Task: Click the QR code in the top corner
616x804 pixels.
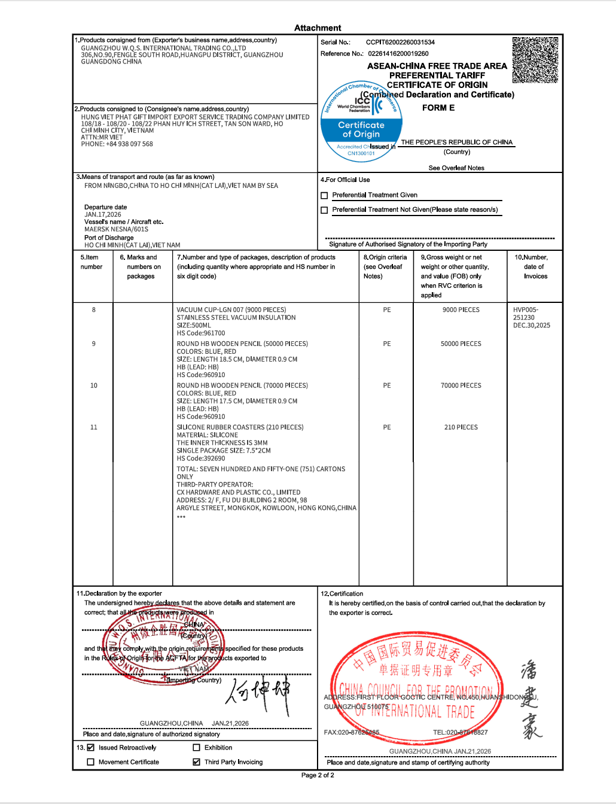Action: [x=535, y=60]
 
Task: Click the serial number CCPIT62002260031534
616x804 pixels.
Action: [x=400, y=43]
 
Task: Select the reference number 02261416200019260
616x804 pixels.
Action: [x=398, y=54]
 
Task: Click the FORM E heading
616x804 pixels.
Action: [x=438, y=108]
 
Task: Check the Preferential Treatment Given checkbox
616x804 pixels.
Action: [x=324, y=196]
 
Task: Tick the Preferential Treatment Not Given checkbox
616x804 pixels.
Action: [x=324, y=210]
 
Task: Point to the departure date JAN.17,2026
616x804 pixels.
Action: [x=103, y=214]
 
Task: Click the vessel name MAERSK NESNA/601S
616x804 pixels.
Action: [x=116, y=229]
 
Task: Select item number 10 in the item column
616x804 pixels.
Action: [x=94, y=386]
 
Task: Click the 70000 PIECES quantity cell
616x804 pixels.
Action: [x=461, y=386]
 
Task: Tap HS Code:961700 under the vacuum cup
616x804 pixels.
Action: [x=201, y=333]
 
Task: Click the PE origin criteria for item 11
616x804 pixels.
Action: [x=387, y=427]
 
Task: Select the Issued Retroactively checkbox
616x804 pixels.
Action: [x=91, y=748]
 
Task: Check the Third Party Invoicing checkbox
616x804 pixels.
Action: [x=196, y=762]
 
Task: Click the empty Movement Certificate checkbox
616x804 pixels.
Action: [x=91, y=762]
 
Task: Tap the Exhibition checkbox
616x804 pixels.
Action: [x=196, y=748]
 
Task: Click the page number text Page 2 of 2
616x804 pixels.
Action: [x=318, y=775]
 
